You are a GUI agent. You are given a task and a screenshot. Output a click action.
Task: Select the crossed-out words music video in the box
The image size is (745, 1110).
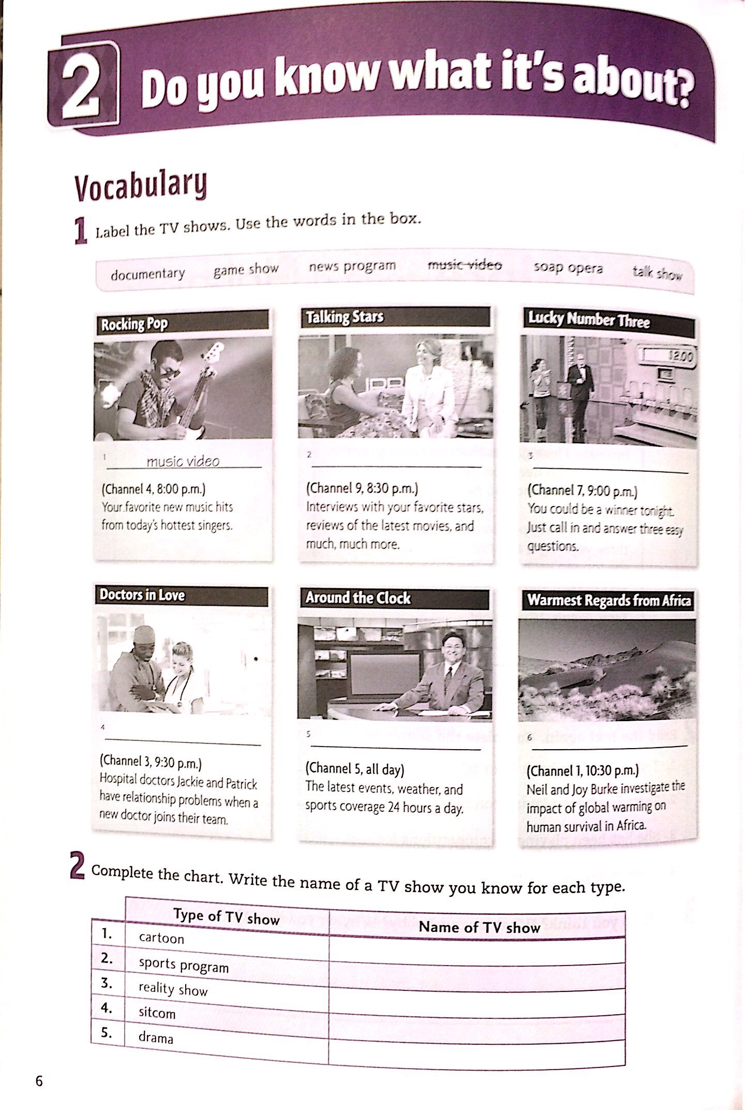coord(464,265)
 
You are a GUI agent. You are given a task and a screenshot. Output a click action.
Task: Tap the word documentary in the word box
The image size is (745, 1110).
coord(147,273)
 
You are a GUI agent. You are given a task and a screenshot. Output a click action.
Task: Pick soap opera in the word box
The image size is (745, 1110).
coord(568,268)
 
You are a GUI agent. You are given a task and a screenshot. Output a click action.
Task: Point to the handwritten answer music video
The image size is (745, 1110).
coord(183,461)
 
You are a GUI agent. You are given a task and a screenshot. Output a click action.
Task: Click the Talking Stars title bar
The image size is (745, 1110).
coord(395,317)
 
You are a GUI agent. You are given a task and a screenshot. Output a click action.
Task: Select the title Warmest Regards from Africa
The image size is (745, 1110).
coord(608,601)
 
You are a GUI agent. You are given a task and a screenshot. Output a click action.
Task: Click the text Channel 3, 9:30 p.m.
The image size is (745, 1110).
coord(151,762)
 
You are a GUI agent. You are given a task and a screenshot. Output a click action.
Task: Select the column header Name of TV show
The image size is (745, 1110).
coord(479,927)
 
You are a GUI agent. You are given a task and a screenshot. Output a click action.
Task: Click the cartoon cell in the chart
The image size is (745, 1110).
coord(161,938)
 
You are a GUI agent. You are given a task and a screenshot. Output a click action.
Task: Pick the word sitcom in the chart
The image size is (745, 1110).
coord(157,1013)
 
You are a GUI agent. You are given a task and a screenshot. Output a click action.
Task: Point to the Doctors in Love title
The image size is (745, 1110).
coord(142,595)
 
